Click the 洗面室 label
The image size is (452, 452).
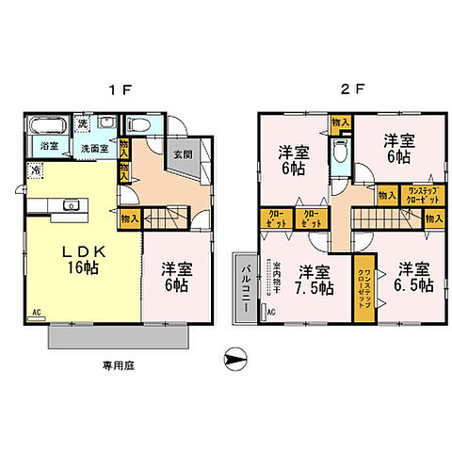93,149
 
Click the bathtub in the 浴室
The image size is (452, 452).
44,126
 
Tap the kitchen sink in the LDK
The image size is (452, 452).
69,205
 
